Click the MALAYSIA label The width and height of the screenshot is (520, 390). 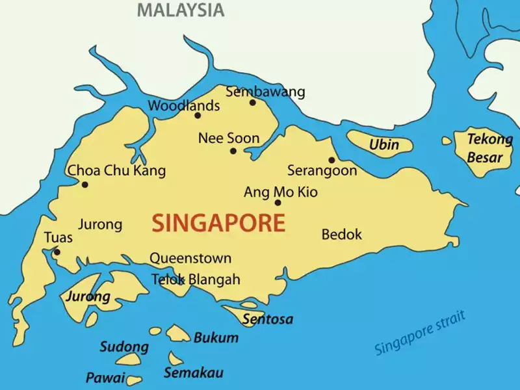point(181,10)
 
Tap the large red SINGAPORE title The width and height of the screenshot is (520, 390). point(218,223)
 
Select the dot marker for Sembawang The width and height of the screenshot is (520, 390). point(252,102)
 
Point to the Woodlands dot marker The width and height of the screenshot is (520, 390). point(198,116)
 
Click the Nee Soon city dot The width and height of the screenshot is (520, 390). point(233,151)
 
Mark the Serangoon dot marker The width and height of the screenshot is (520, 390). point(331,160)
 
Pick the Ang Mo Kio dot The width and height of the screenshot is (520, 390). point(278,203)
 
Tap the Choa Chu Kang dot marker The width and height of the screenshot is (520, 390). point(84,185)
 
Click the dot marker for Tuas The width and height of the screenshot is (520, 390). point(57,252)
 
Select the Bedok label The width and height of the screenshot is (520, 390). point(341,234)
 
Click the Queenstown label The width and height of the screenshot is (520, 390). point(190,258)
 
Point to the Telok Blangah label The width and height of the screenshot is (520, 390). point(196,279)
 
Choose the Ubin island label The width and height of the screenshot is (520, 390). point(384,144)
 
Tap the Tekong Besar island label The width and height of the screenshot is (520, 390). point(489,148)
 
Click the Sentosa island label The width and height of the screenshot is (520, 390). point(267,319)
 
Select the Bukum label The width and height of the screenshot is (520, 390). point(216,338)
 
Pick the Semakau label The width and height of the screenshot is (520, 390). point(194,372)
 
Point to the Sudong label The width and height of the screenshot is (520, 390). point(123,346)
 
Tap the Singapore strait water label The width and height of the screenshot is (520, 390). point(420,333)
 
